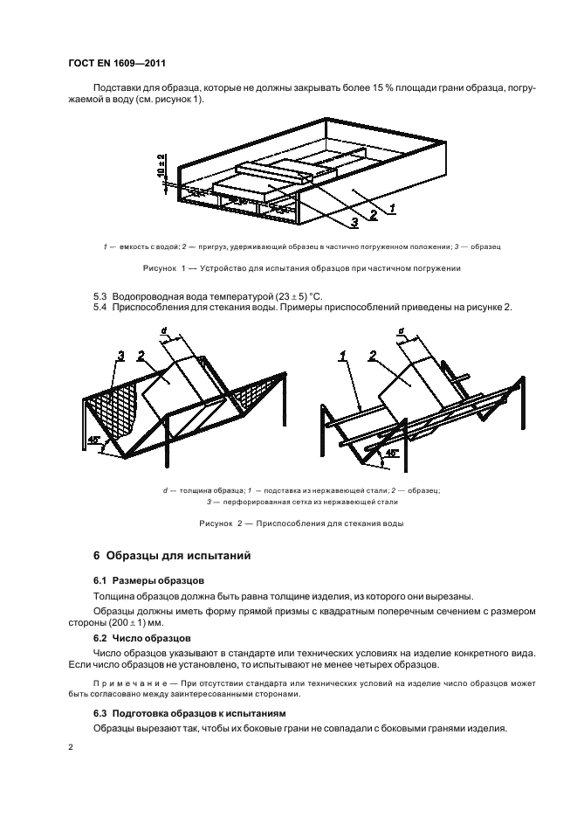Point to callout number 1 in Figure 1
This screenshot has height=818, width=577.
point(393,210)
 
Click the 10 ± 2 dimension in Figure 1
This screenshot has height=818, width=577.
point(161,167)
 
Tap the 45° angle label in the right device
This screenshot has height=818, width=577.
point(392,452)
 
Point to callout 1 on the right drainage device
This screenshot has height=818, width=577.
point(346,355)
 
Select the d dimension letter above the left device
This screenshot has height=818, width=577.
point(163,330)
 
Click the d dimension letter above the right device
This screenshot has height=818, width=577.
point(401,330)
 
